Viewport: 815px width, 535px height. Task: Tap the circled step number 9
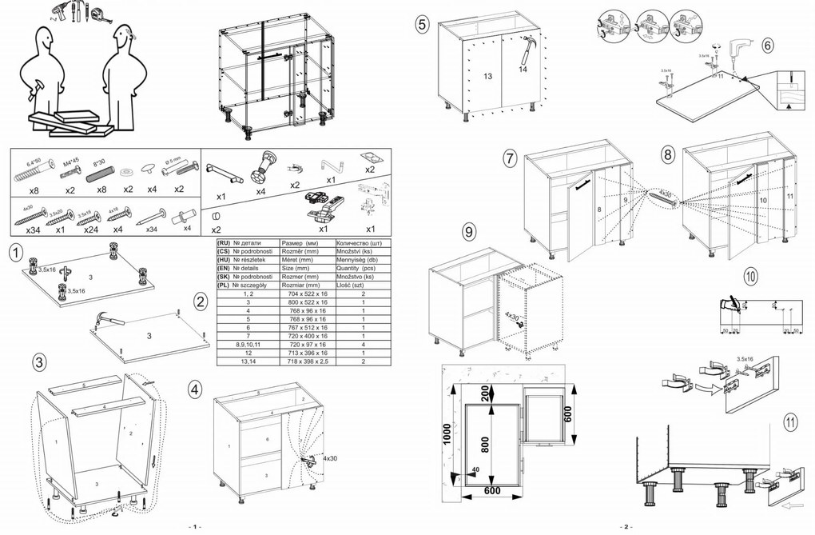pos(469,232)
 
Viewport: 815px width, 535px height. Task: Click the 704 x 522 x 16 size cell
pos(308,295)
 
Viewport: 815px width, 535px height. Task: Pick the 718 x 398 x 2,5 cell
pos(308,362)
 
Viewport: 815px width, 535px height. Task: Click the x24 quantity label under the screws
pos(90,229)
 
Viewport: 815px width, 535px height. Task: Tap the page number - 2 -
pos(626,527)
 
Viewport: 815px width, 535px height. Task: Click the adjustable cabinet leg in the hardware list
pos(260,170)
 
